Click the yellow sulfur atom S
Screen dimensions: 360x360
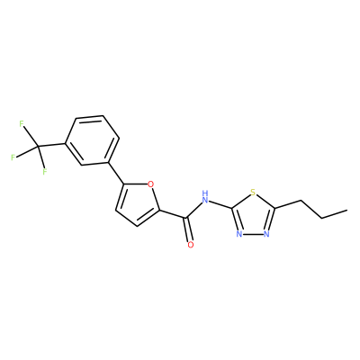point(253,192)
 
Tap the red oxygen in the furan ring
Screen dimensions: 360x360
point(151,184)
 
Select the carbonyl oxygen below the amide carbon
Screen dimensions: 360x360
point(191,245)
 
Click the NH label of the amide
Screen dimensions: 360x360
point(205,197)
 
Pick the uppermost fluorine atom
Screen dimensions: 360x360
point(22,123)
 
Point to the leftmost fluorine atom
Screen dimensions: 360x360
point(13,157)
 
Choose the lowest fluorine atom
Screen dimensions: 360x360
point(45,172)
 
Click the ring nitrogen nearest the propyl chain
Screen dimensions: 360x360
point(266,234)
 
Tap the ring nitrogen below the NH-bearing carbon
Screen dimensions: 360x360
point(239,234)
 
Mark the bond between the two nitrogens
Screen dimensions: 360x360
point(253,234)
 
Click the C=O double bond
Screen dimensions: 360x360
point(188,229)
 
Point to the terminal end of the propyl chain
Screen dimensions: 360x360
point(347,210)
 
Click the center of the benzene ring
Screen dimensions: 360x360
point(93,140)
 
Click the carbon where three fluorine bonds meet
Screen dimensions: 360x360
point(38,147)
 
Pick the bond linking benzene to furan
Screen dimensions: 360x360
point(115,173)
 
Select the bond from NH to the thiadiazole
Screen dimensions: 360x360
point(220,204)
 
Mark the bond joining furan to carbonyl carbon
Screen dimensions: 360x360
point(173,214)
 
